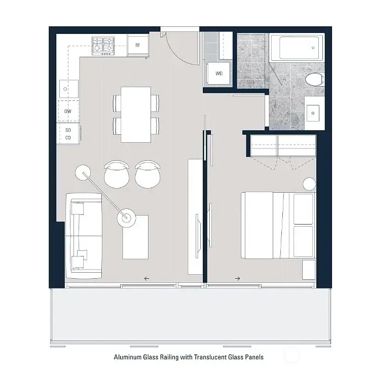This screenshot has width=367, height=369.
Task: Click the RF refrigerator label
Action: (137, 45)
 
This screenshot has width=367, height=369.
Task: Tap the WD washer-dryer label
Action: (219, 73)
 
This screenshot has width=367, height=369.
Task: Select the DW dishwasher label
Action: (67, 111)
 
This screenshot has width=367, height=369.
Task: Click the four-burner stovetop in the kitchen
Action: (103, 46)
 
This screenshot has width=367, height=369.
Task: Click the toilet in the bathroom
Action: (314, 79)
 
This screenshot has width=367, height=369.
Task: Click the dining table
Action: (136, 114)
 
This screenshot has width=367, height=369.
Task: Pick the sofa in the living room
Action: (84, 237)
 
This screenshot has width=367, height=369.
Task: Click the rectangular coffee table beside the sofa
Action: (136, 237)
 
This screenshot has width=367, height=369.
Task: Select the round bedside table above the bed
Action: (309, 184)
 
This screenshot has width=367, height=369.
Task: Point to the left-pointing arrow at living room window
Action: (146, 278)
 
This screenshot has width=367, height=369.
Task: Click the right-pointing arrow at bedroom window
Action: (237, 278)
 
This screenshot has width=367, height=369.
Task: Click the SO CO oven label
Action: (67, 134)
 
